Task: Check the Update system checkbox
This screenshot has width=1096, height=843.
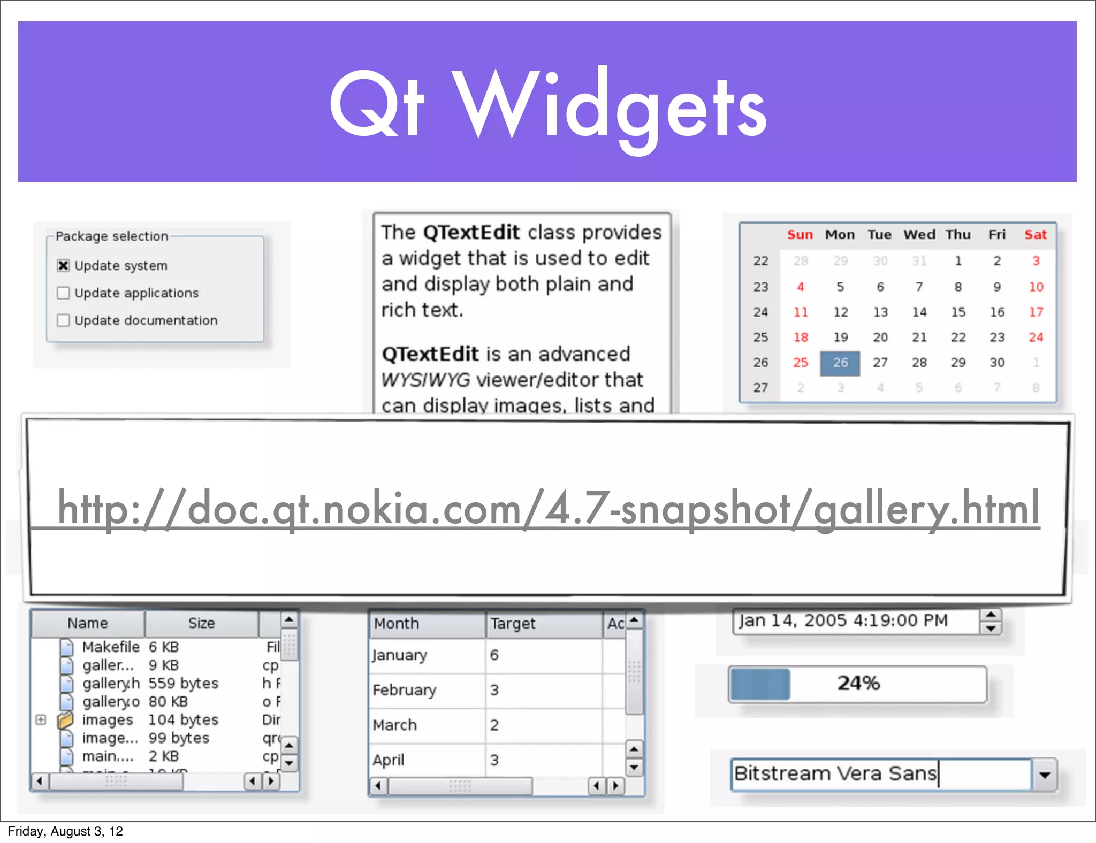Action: pyautogui.click(x=63, y=265)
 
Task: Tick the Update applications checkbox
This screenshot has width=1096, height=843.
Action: pyautogui.click(x=63, y=293)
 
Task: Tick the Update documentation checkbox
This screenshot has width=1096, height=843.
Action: pyautogui.click(x=63, y=320)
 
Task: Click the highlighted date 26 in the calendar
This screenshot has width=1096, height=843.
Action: pyautogui.click(x=840, y=363)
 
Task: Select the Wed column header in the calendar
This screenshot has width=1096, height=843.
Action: pyautogui.click(x=919, y=235)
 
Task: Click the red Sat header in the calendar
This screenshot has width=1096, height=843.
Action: pyautogui.click(x=1036, y=235)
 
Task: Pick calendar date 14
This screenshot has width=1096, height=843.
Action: pyautogui.click(x=919, y=312)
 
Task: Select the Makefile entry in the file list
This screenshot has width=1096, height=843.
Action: pyautogui.click(x=110, y=647)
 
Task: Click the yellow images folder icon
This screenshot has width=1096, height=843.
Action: pyautogui.click(x=65, y=720)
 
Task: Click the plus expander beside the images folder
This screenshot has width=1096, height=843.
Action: pyautogui.click(x=41, y=720)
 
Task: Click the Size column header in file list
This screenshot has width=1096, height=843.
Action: pyautogui.click(x=201, y=623)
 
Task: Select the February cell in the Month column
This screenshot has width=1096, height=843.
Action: pyautogui.click(x=405, y=690)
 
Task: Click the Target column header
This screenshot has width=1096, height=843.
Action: pyautogui.click(x=513, y=624)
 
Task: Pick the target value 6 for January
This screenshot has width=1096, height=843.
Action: pyautogui.click(x=494, y=655)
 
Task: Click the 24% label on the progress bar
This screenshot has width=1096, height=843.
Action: pyautogui.click(x=858, y=683)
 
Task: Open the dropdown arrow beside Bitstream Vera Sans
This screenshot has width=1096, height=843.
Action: pyautogui.click(x=1045, y=775)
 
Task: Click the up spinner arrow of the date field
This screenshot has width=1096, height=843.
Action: pyautogui.click(x=991, y=615)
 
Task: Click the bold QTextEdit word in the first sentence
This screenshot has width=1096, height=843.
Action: pyautogui.click(x=471, y=233)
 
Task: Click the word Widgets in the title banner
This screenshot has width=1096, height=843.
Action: pyautogui.click(x=610, y=104)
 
